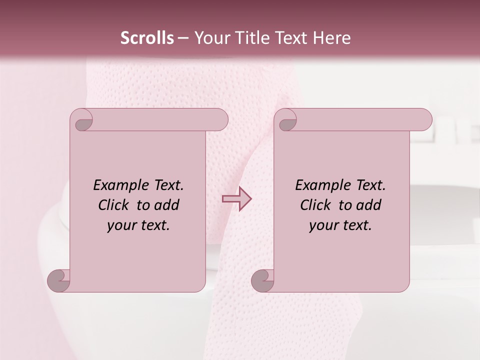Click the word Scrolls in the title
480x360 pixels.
[x=147, y=37]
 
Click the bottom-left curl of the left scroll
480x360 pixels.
[x=58, y=280]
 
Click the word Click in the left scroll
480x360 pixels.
[x=114, y=205]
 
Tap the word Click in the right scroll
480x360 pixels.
[x=315, y=205]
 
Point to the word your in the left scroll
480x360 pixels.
[x=121, y=225]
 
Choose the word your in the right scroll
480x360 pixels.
[x=323, y=225]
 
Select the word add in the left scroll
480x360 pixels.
[x=167, y=205]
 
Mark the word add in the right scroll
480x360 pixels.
[x=369, y=205]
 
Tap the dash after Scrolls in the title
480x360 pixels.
[x=183, y=37]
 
